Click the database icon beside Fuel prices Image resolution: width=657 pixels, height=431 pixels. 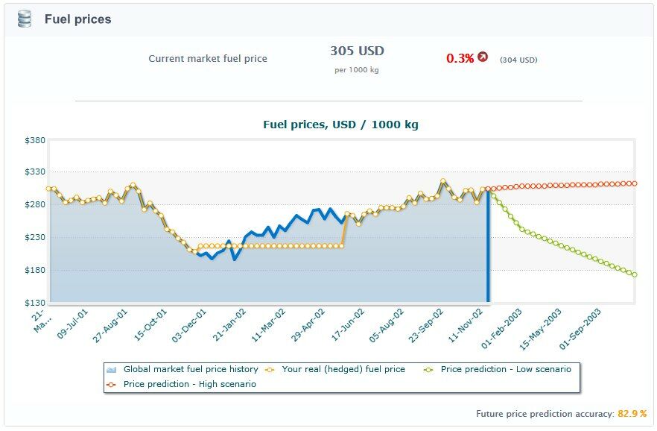coord(25,19)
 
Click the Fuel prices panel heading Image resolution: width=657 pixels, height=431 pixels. coord(77,19)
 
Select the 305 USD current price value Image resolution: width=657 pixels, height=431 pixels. coord(357,51)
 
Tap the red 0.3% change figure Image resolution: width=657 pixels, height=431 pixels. coord(460,58)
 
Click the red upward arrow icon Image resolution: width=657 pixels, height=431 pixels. coord(483,57)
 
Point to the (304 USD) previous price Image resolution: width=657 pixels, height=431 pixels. coord(518,60)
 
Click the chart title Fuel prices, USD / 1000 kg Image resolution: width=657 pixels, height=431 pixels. coord(340,125)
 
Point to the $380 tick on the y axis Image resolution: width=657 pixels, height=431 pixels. coord(36,140)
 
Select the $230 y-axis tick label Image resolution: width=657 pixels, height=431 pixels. coord(36,238)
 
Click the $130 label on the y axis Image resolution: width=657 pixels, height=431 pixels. coord(36,303)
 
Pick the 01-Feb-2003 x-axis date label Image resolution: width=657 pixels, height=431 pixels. coord(503,329)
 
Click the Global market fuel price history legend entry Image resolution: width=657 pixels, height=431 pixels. coord(190,369)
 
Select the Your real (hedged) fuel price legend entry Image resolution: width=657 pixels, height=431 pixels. coord(343,369)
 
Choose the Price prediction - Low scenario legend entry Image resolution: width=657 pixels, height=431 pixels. coord(505,369)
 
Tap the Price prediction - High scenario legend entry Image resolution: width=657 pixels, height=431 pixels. coord(189,384)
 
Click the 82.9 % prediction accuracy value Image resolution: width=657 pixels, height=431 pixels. coord(632,413)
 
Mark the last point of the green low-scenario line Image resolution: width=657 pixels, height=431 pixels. coord(634,274)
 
